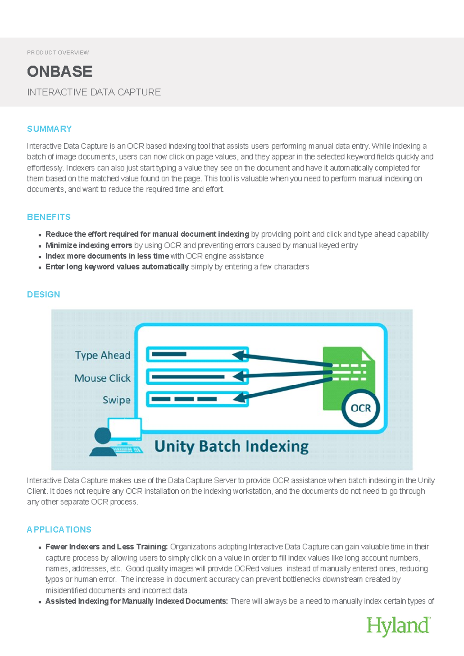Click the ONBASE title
pos(60,71)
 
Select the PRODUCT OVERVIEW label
pos(58,53)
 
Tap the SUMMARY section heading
pos(49,129)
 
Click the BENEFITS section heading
pos(49,217)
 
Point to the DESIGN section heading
pos(43,294)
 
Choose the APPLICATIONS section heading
pos(59,530)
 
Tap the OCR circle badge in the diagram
pos(360,408)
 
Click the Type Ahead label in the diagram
pos(102,355)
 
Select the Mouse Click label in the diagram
pos(102,378)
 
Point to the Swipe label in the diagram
pos(116,400)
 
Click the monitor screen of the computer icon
pos(125,428)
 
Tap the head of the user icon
pos(102,435)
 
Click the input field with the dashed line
pos(197,399)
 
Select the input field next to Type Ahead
pos(197,354)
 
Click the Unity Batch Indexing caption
pos(231,447)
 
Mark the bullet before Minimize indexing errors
pos(40,246)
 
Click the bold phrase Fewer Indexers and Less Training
pos(106,547)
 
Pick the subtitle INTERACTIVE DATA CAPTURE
pos(94,92)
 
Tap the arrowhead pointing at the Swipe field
pos(240,398)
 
